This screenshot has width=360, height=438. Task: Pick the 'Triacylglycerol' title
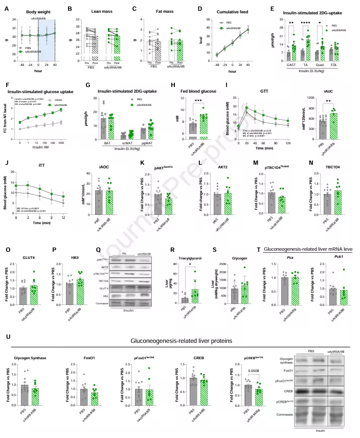click(189, 252)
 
